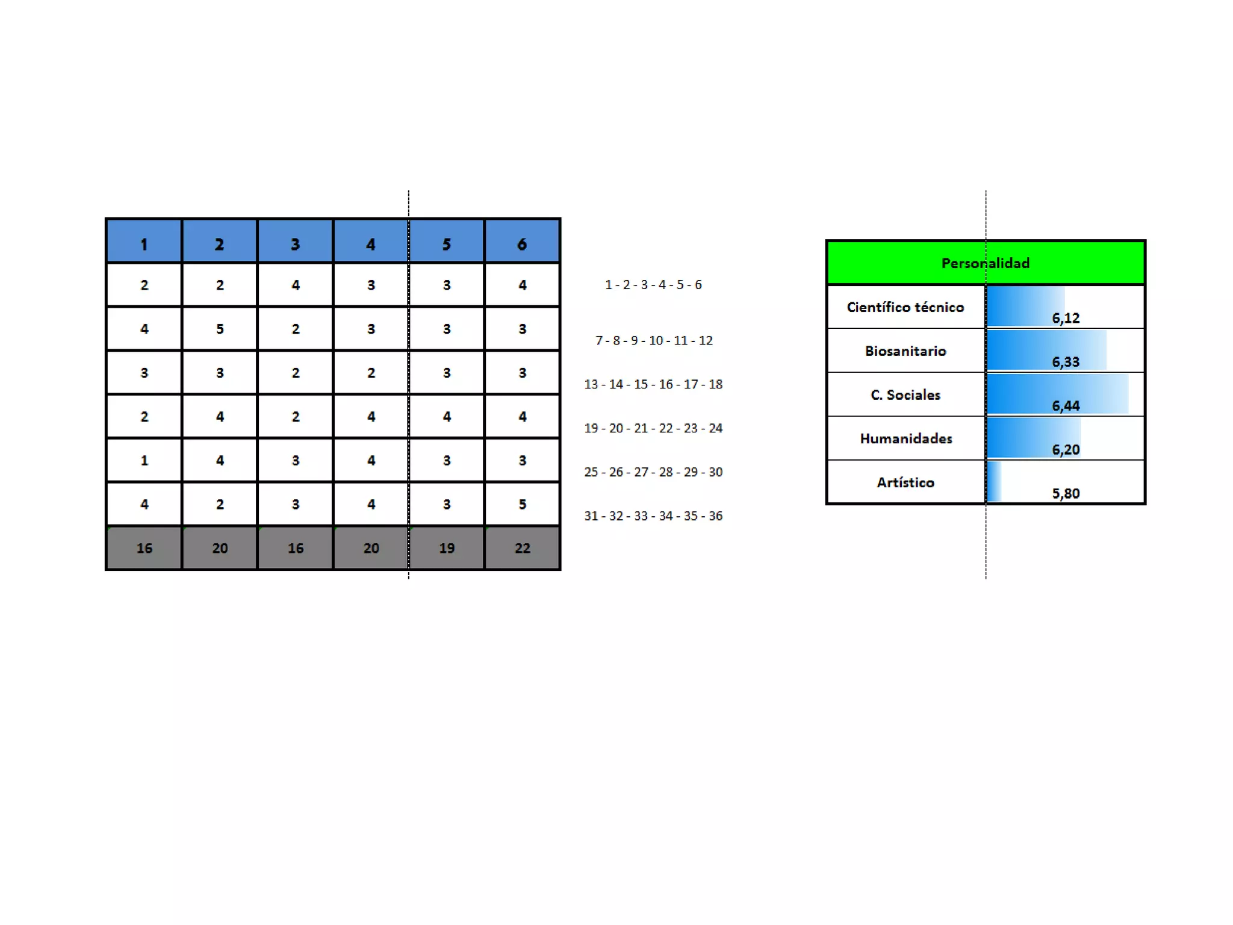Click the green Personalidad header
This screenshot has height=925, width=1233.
985,263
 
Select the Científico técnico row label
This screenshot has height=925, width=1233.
905,307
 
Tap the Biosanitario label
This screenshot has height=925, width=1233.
905,351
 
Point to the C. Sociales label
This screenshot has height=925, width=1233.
905,395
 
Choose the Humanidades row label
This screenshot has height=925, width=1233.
905,439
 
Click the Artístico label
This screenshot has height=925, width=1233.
905,482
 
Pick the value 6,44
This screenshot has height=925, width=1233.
1065,406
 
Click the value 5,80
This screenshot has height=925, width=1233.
1065,494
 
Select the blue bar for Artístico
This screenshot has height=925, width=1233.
994,482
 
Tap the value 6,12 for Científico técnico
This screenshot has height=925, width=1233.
1065,318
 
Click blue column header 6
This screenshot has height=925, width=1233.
522,244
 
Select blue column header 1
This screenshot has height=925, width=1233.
144,244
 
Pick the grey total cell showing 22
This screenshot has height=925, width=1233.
522,548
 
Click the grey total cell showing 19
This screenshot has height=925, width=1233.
446,548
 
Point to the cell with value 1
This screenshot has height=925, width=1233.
144,461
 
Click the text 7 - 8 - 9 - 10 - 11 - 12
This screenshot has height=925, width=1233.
654,341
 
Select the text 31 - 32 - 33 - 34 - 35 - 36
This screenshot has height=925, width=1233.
653,516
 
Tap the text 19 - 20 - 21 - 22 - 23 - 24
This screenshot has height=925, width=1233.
653,428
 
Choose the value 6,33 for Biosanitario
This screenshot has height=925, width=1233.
1065,362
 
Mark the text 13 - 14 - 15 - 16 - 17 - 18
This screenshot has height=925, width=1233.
653,384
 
